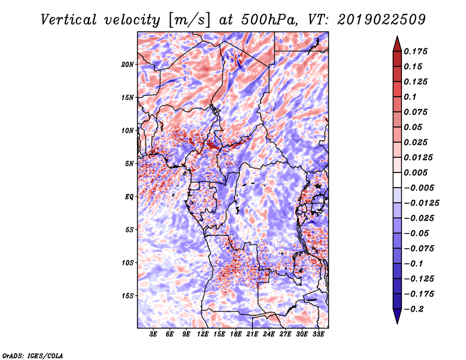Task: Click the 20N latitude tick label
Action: [x=128, y=65]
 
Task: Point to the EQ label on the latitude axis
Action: [x=129, y=197]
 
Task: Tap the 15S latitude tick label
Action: [x=128, y=296]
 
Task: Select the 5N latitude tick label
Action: [x=129, y=164]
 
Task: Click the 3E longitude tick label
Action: [x=153, y=334]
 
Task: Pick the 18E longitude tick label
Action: [x=236, y=334]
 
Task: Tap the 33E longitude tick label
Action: [x=318, y=334]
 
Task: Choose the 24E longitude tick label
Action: [x=269, y=334]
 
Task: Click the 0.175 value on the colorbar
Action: [x=415, y=51]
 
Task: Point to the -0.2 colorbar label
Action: [x=414, y=309]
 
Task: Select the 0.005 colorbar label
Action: [x=415, y=172]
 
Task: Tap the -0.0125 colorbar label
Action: [x=421, y=203]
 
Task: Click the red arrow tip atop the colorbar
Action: [x=397, y=37]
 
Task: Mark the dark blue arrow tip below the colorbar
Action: [x=397, y=323]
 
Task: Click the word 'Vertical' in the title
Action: [x=69, y=20]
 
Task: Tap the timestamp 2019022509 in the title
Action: [x=382, y=20]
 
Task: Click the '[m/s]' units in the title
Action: [x=189, y=20]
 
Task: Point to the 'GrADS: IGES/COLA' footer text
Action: [x=33, y=355]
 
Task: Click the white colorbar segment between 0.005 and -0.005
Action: [x=397, y=180]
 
